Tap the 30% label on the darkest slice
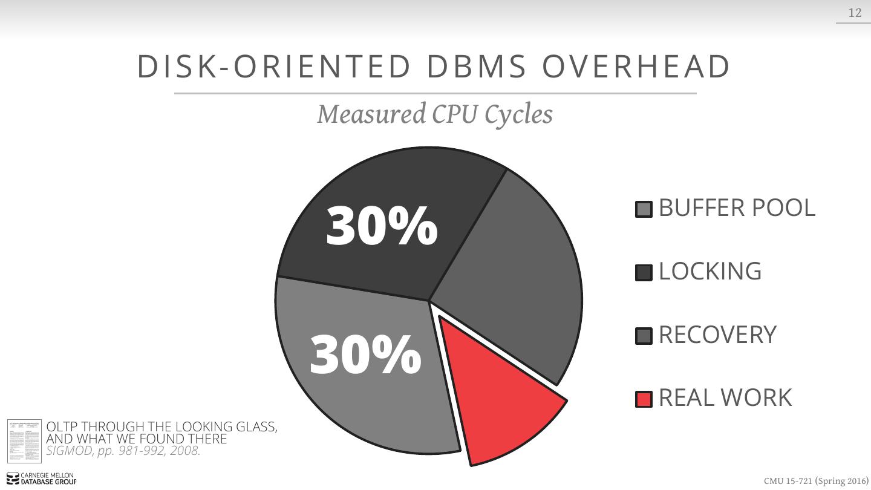[382, 226]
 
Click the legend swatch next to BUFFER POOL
[644, 209]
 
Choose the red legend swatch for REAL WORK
[644, 399]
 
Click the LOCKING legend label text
[710, 271]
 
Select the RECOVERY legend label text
[717, 335]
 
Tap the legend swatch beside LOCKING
[644, 272]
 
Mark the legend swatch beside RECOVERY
[644, 336]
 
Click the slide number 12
[855, 13]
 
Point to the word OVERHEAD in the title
[636, 67]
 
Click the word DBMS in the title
[477, 67]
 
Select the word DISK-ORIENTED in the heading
[274, 67]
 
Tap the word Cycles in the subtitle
[518, 114]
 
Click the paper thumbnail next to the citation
[24, 441]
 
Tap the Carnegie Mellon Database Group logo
[41, 479]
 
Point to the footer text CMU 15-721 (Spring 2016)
[815, 481]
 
